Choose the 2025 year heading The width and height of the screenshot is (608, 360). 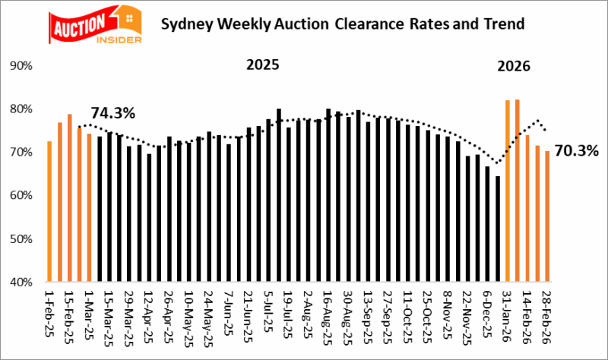click(263, 65)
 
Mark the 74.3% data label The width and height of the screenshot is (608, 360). click(113, 113)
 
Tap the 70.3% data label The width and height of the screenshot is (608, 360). click(577, 150)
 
